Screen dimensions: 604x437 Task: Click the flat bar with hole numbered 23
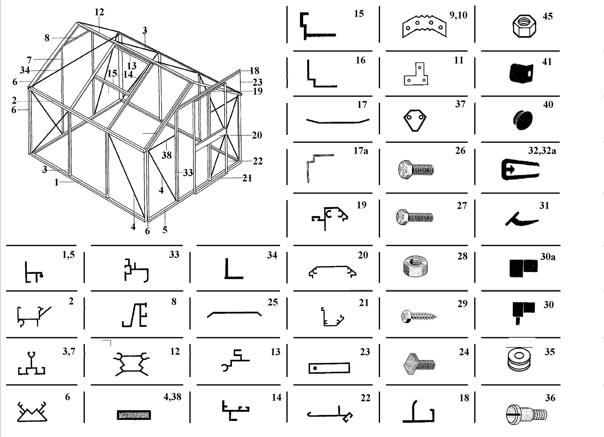[329, 368]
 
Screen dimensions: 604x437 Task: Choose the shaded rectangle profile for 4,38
[134, 415]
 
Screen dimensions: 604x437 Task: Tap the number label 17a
[361, 151]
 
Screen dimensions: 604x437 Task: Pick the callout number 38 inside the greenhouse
[167, 155]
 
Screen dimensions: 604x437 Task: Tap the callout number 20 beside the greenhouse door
[257, 135]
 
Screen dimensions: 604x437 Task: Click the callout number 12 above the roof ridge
[99, 12]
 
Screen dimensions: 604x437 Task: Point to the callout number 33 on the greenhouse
[188, 173]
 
